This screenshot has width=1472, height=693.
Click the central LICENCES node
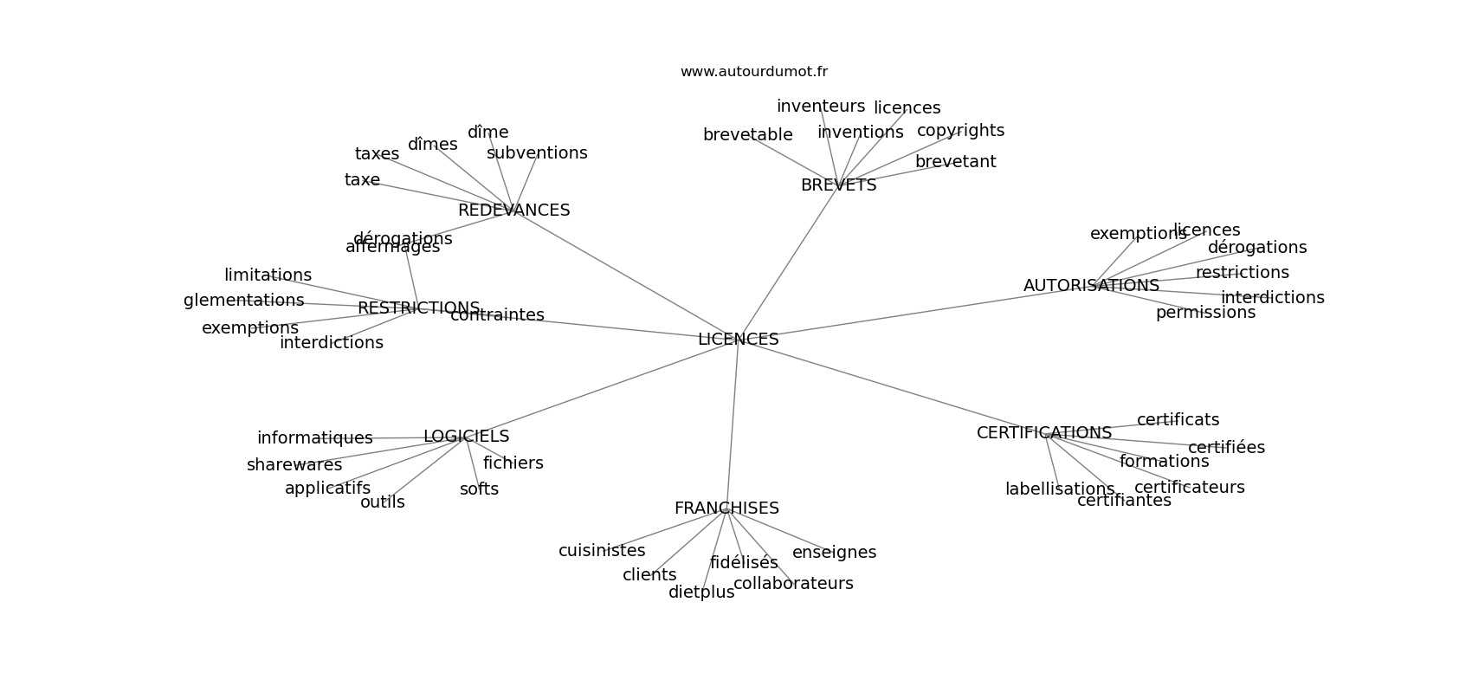738,340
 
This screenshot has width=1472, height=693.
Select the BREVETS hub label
838,185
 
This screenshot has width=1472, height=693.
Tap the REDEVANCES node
513,210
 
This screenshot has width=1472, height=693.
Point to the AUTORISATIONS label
1090,286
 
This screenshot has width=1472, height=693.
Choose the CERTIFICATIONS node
1043,433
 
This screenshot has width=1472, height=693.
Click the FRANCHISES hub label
726,508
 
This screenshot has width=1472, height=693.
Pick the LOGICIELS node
466,437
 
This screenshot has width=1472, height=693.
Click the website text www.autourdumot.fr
753,72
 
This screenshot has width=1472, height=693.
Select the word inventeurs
820,107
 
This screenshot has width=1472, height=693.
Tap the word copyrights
960,131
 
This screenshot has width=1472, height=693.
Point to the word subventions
537,153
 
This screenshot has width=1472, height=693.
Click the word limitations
268,275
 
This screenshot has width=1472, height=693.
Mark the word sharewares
294,465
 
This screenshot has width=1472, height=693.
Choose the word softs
479,489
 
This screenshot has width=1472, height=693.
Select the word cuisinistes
601,551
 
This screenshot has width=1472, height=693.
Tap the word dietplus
700,593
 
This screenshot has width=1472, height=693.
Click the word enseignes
834,553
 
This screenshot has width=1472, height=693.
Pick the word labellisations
1059,489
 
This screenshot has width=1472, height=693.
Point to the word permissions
1204,313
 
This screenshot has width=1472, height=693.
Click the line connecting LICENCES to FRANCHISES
733,424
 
